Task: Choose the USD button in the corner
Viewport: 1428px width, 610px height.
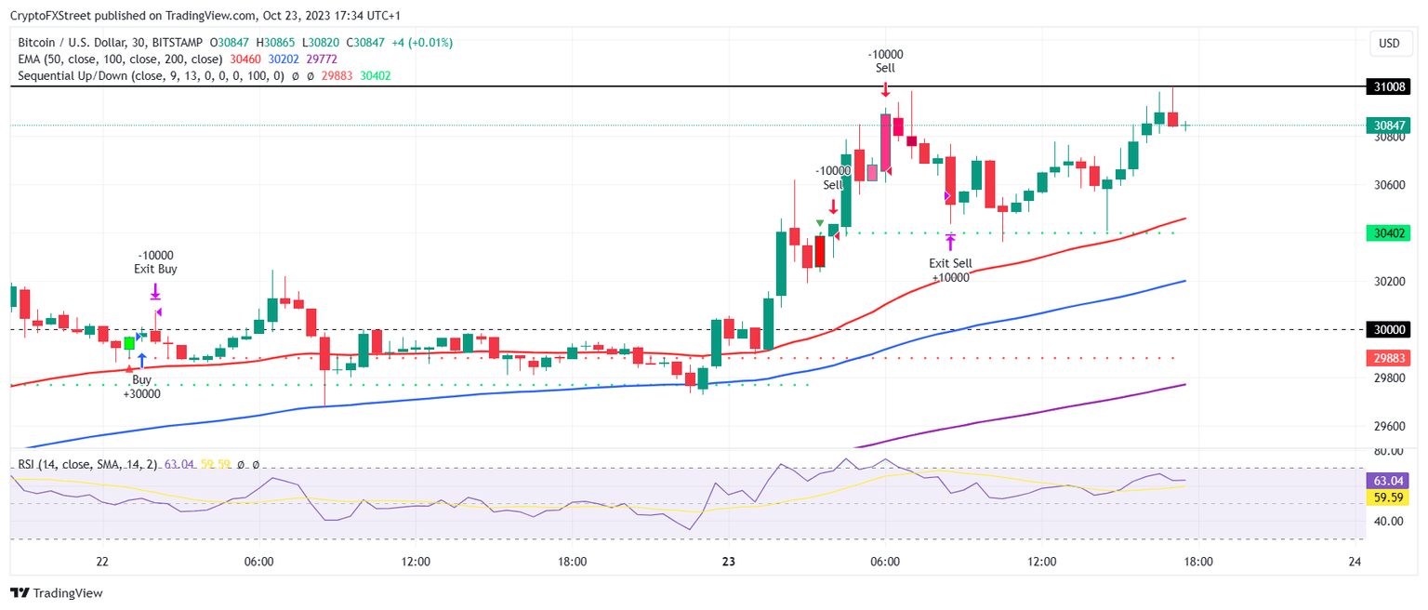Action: click(1389, 44)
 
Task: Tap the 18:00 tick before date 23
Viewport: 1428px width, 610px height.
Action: click(572, 562)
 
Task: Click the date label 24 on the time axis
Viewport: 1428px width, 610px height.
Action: click(1355, 562)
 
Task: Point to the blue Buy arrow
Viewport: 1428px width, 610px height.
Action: click(141, 360)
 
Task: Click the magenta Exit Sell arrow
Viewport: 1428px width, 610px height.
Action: click(950, 243)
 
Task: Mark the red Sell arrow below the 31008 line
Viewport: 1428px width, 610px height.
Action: click(886, 89)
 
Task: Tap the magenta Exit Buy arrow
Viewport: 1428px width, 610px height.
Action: click(155, 294)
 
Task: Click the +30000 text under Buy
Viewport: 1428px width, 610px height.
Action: click(141, 394)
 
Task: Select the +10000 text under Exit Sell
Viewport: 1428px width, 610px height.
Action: click(949, 277)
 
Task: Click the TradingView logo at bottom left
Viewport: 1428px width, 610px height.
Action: click(57, 593)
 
